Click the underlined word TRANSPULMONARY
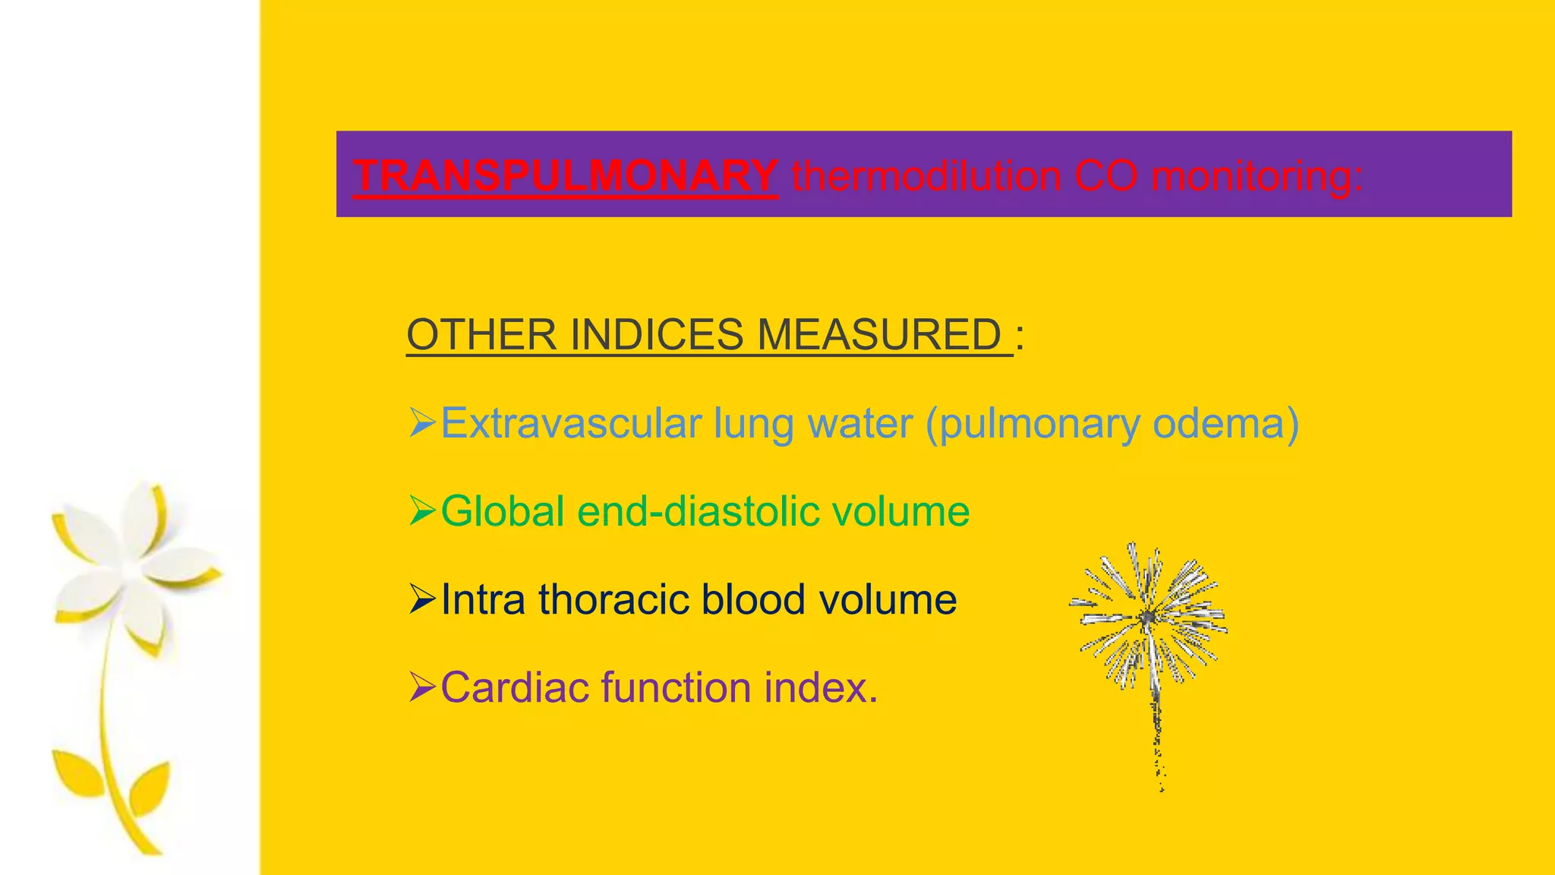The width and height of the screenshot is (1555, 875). pyautogui.click(x=565, y=175)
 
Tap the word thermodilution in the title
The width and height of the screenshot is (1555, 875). pyautogui.click(x=926, y=177)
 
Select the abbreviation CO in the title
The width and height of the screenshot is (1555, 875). pyautogui.click(x=1105, y=176)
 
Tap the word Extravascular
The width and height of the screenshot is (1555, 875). pyautogui.click(x=571, y=423)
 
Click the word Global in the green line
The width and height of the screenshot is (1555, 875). pyautogui.click(x=503, y=511)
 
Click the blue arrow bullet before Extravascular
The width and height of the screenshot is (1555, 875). pyautogui.click(x=421, y=422)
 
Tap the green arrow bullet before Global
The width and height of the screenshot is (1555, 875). pyautogui.click(x=421, y=510)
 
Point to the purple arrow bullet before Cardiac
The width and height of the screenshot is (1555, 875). pyautogui.click(x=421, y=687)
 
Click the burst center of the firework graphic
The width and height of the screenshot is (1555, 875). pyautogui.click(x=1148, y=617)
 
